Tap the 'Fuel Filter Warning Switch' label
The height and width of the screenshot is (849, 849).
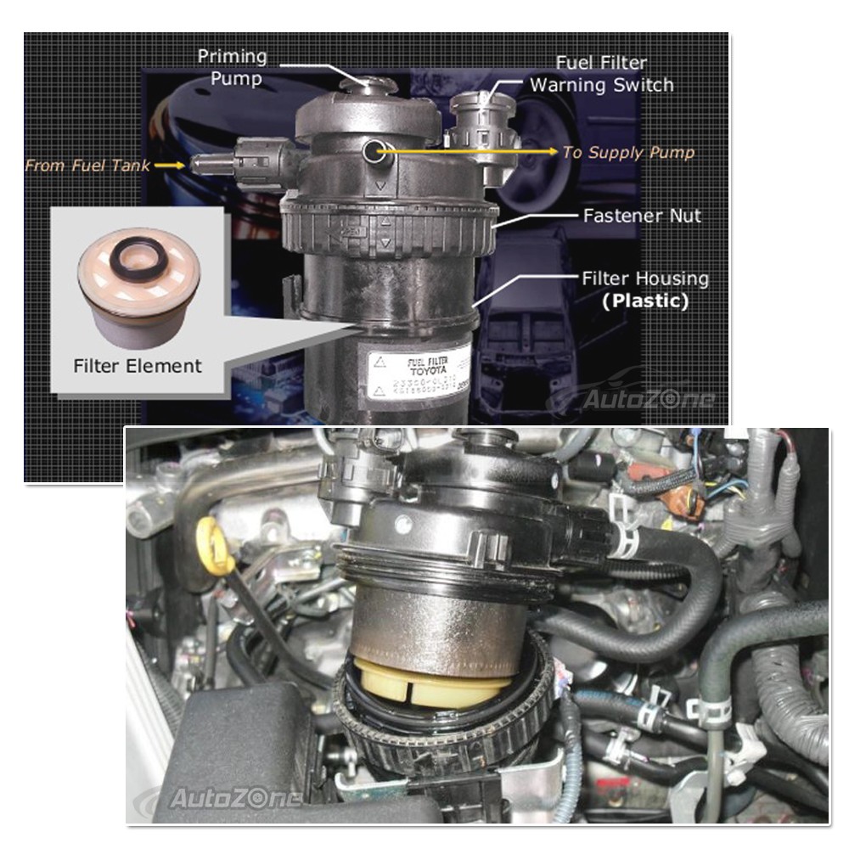(601, 74)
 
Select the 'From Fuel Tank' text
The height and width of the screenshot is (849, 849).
(87, 165)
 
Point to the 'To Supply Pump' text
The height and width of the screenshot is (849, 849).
(628, 153)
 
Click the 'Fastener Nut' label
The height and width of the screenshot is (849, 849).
(642, 216)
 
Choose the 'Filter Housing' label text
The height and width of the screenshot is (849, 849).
(645, 278)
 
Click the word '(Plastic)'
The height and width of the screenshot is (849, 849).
(645, 301)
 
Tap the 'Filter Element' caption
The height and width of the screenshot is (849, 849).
(138, 367)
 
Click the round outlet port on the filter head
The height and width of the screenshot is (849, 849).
(373, 152)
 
